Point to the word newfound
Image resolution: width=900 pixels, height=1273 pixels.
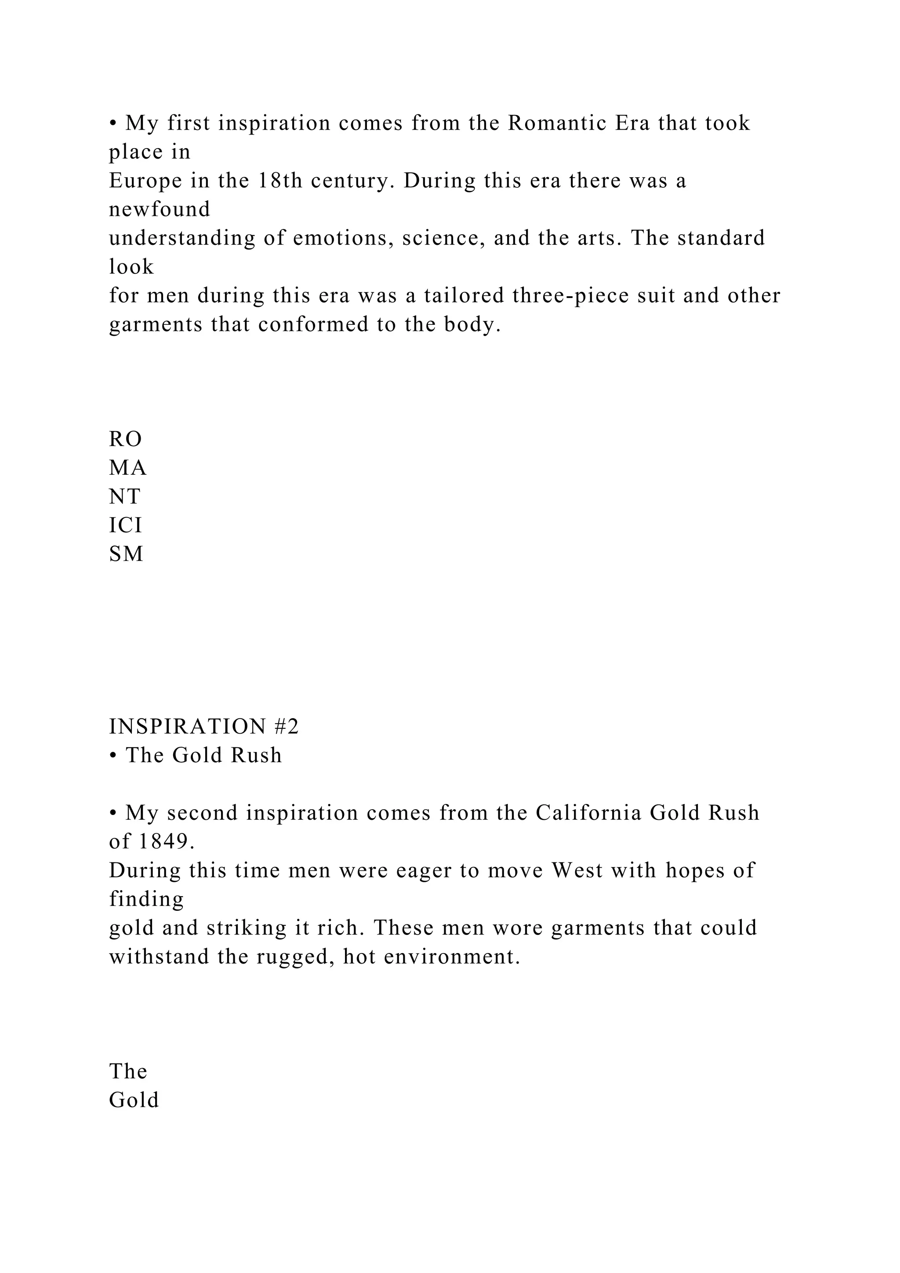tap(160, 210)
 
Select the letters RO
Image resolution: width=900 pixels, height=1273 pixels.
tap(126, 440)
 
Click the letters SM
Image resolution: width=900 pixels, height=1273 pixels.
tap(127, 554)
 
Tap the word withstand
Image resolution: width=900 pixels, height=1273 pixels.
tap(159, 957)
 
